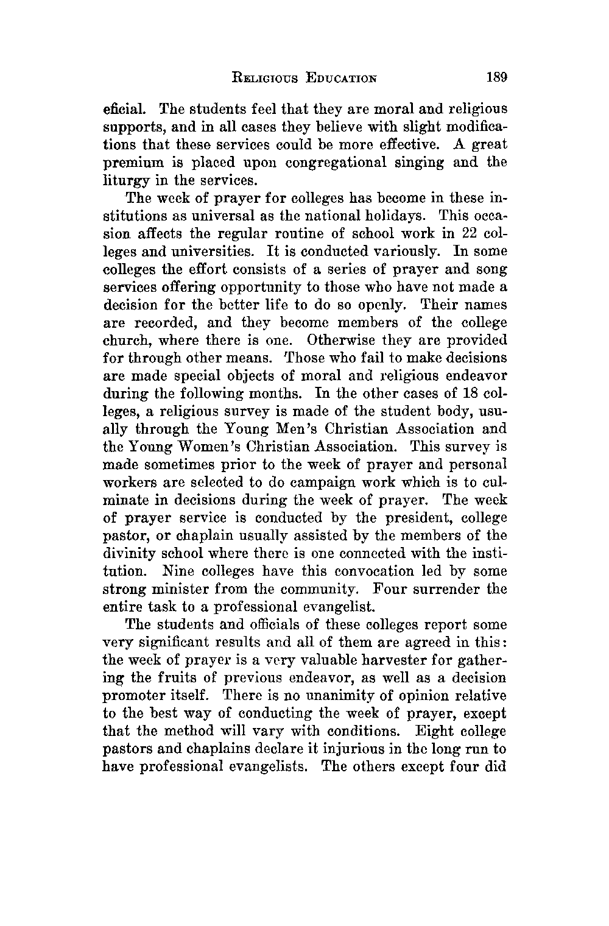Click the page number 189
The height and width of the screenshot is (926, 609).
497,78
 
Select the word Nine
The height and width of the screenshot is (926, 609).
178,571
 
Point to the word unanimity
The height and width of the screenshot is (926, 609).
319,695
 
